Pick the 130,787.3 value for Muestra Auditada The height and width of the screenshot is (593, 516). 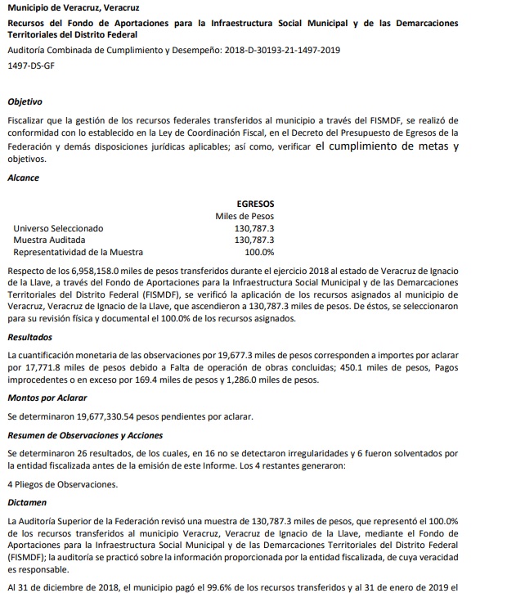[x=254, y=240]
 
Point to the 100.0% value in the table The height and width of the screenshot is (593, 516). [x=259, y=253]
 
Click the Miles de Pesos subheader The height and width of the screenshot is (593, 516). [x=245, y=216]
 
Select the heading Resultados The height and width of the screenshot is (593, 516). [x=29, y=336]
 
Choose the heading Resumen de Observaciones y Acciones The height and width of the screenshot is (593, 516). [x=85, y=435]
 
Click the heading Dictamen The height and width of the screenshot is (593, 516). [x=26, y=501]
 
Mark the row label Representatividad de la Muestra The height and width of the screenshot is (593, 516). [x=79, y=253]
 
